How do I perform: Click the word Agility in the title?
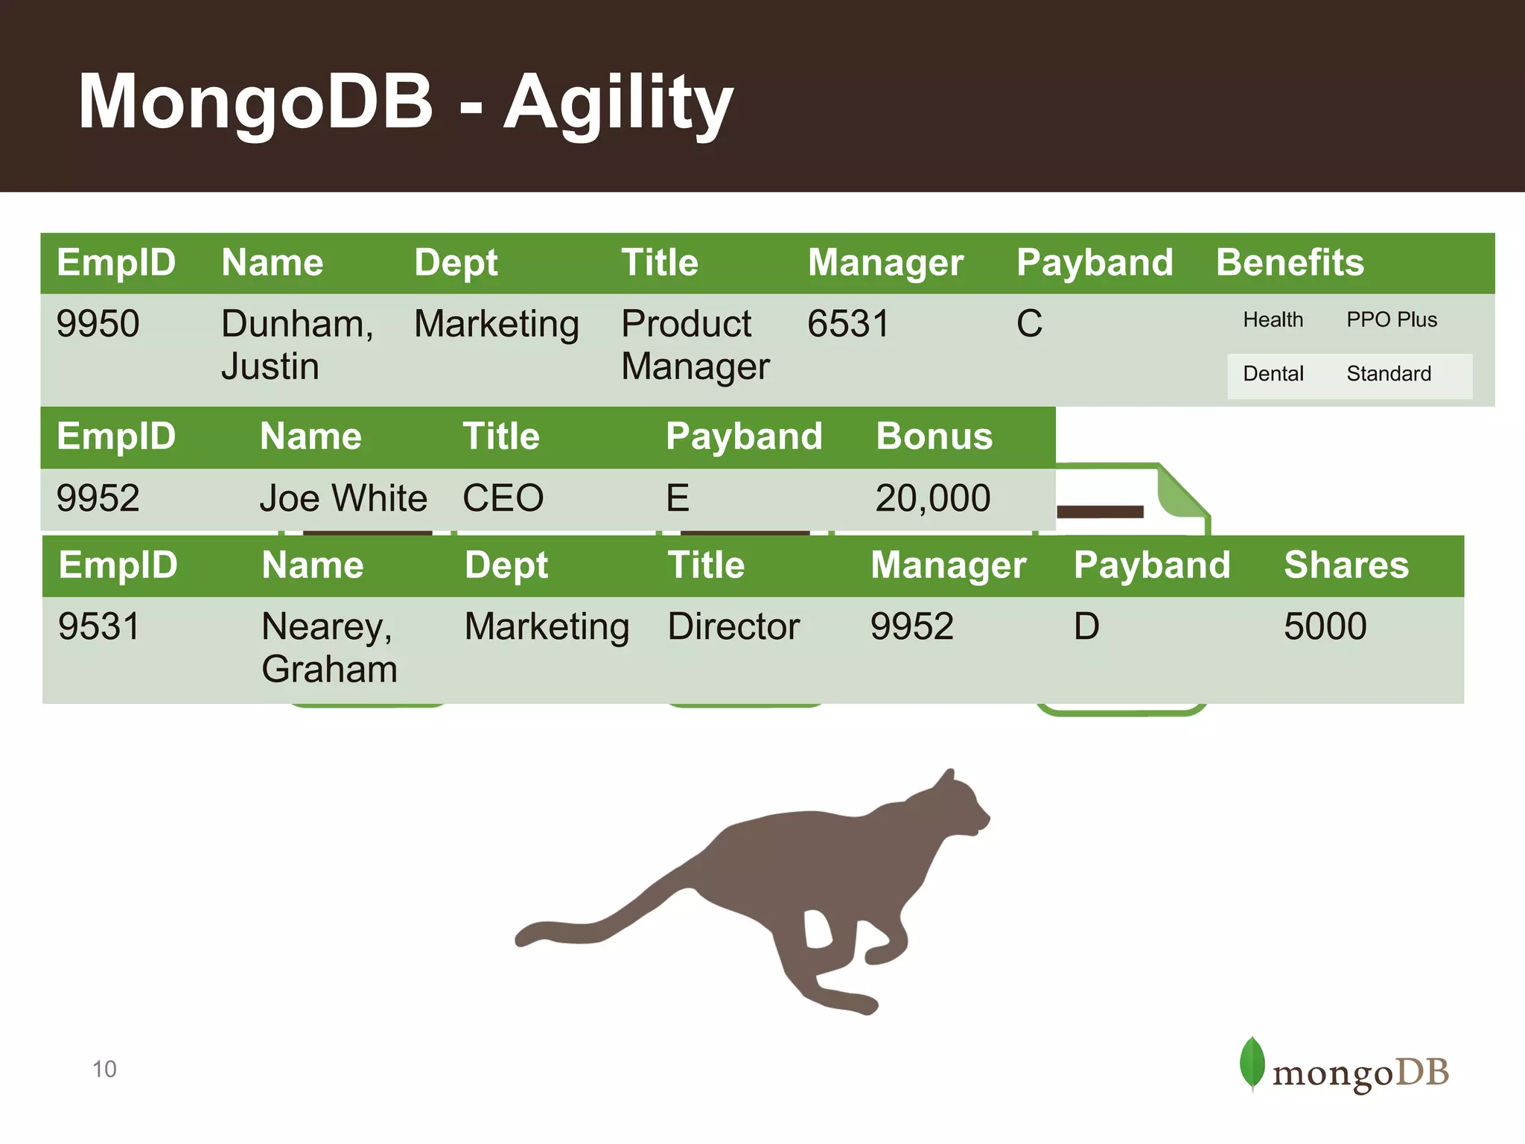(618, 103)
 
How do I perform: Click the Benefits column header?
(1290, 263)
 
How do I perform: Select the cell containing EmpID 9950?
(98, 324)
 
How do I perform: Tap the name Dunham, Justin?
(296, 345)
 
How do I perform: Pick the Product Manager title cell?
(694, 345)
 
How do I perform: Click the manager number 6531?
(848, 324)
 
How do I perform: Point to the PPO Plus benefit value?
(1391, 320)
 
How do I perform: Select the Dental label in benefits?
(1273, 374)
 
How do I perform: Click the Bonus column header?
(934, 436)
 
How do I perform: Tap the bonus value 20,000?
(932, 498)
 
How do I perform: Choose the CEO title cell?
(503, 498)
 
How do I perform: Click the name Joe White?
(343, 498)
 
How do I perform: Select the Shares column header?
(1346, 565)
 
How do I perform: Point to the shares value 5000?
(1325, 626)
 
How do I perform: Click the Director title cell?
(733, 626)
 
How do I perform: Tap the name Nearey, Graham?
(328, 647)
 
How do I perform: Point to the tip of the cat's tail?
(521, 940)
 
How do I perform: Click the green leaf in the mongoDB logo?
(1252, 1063)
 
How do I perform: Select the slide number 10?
(104, 1070)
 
